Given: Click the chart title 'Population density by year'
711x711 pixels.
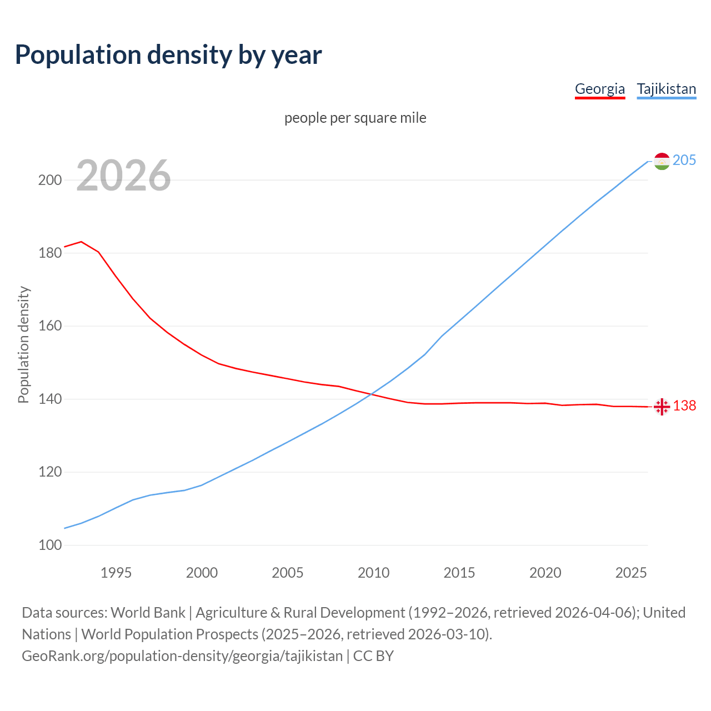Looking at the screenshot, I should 168,55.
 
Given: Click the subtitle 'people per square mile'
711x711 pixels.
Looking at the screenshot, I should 355,118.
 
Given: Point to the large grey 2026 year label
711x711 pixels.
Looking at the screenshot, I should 123,176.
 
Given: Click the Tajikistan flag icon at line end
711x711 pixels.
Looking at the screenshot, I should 662,161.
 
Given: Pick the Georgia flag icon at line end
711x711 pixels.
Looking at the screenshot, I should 662,407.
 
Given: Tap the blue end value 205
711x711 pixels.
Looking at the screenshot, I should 684,161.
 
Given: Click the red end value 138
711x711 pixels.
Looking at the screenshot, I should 684,406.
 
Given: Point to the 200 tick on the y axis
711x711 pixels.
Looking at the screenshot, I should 49,180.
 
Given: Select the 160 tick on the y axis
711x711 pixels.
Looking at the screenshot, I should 49,326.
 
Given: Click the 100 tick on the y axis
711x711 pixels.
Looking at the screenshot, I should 49,545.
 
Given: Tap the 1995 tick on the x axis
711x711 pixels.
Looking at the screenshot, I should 116,573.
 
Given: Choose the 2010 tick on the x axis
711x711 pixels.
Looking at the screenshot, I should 373,573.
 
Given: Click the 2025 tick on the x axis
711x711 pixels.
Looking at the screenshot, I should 631,573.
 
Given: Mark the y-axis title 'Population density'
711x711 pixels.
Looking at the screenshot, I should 23,344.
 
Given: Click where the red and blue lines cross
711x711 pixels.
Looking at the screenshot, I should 371,394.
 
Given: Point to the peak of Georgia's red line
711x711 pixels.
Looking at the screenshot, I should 82,242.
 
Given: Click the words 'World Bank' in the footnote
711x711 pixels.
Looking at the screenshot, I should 148,613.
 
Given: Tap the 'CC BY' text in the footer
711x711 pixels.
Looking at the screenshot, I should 373,656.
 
